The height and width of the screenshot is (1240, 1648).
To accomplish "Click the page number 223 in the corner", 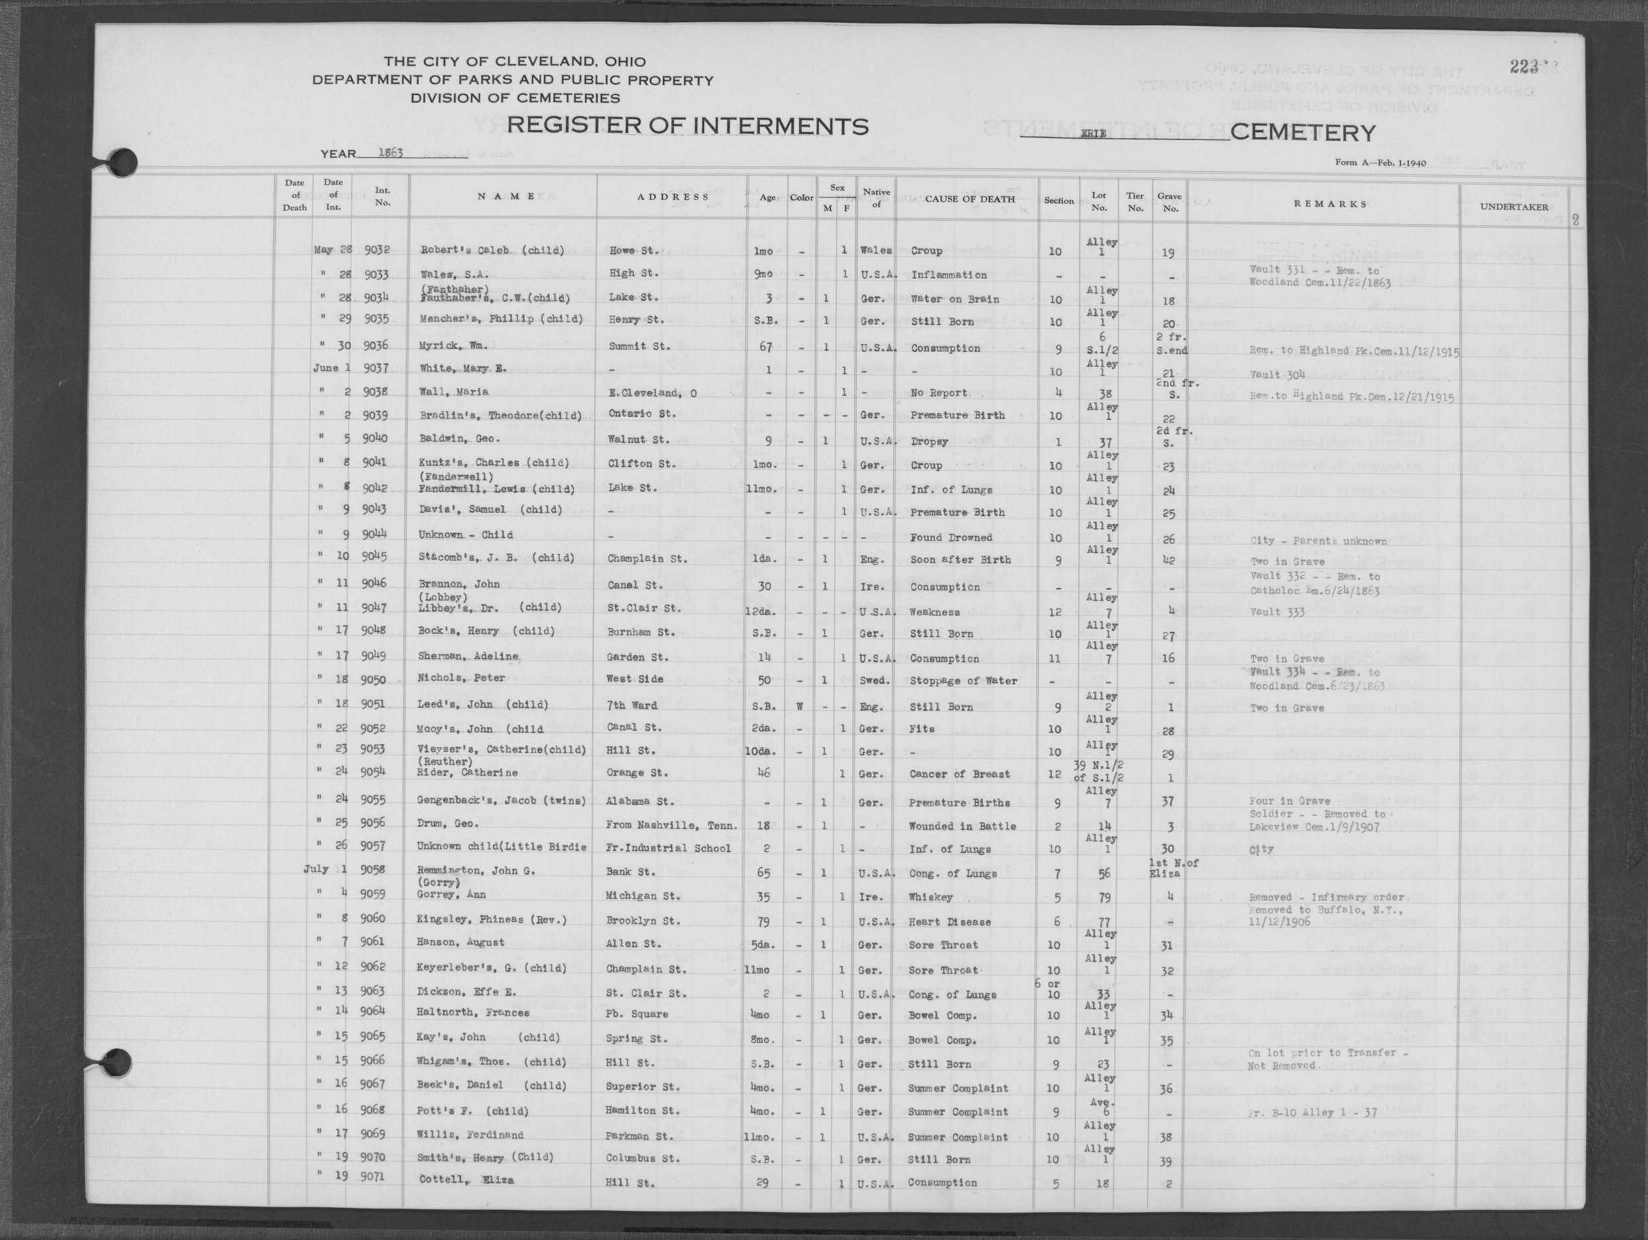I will tap(1523, 67).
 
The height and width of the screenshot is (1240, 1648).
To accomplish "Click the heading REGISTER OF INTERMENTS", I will tap(687, 126).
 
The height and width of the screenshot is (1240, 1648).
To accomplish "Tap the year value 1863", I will tap(390, 153).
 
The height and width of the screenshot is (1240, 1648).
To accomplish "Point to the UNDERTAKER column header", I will tap(1513, 207).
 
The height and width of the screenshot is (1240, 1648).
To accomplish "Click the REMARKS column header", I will tap(1330, 204).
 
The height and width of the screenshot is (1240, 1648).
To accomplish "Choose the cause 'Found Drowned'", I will tap(951, 537).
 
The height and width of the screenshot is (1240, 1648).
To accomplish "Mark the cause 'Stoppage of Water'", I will tap(963, 680).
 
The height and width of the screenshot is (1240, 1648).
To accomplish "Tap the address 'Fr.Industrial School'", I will tap(668, 848).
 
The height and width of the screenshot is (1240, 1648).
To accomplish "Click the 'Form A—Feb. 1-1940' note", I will tap(1381, 162).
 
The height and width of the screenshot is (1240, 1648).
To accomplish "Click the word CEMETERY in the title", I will tap(1303, 133).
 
